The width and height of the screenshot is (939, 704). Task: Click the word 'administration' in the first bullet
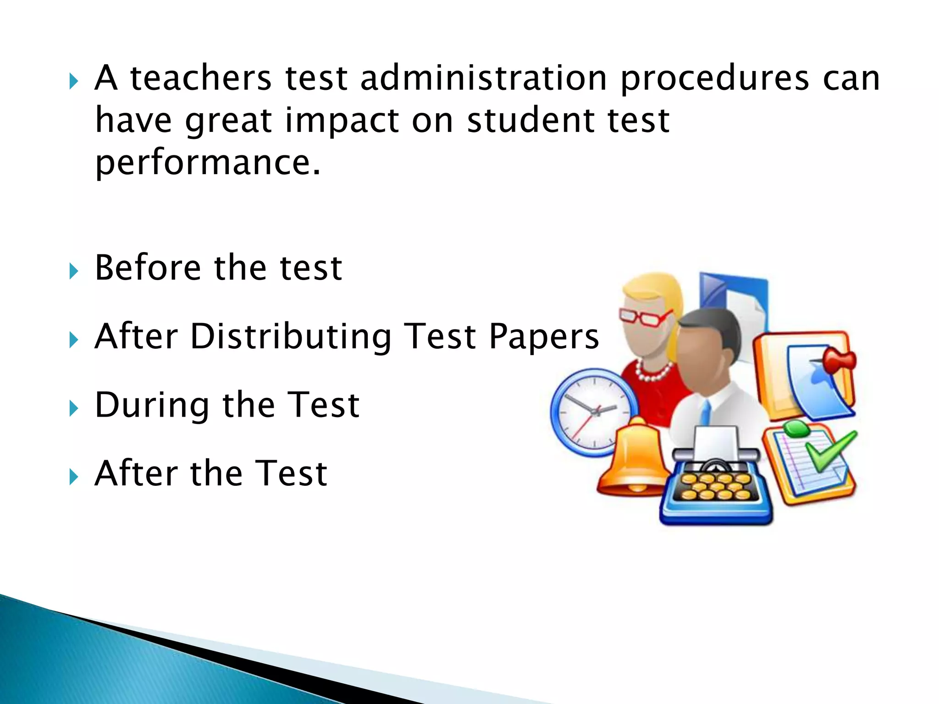point(484,78)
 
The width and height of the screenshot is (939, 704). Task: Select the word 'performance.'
point(208,163)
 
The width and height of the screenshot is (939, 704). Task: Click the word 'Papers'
point(544,337)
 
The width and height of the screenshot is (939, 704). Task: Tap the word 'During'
point(152,406)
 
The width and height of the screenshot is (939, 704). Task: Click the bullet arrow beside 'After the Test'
point(73,477)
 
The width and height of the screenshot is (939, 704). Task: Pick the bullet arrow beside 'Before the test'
point(73,271)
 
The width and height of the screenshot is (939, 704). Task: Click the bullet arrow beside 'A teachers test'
point(73,82)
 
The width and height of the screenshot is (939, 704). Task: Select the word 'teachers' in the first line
point(201,78)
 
